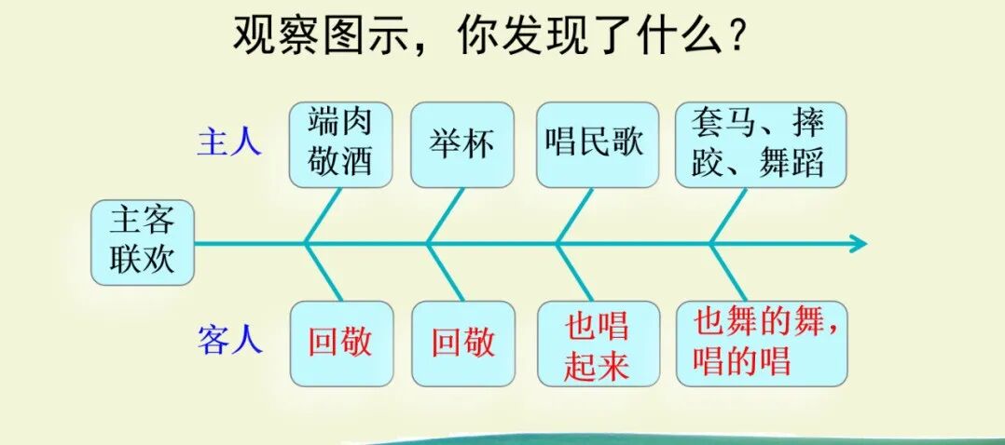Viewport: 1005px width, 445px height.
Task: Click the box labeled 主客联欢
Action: (143, 242)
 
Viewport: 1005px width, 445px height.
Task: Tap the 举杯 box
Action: (462, 145)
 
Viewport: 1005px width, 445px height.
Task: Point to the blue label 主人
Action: (229, 142)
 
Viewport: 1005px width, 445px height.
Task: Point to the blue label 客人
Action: (229, 341)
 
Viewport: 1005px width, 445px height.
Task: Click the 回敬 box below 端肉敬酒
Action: (339, 343)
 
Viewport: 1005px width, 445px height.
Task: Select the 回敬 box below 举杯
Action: (462, 343)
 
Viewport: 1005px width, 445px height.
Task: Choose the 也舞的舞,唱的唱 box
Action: (762, 343)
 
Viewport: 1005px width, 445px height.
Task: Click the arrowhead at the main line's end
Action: (858, 244)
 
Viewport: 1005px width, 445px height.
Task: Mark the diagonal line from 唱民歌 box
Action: (575, 216)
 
